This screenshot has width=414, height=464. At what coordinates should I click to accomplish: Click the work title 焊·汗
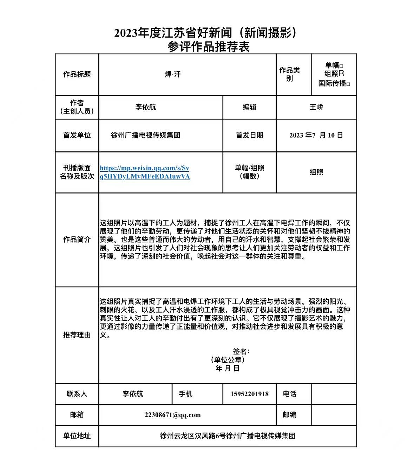pos(172,74)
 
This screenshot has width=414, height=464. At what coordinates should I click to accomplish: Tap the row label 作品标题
pos(77,74)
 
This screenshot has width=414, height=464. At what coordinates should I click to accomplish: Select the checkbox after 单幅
pos(341,66)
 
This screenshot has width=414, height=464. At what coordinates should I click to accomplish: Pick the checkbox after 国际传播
pos(348,84)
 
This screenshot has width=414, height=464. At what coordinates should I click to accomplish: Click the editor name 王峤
pos(316,107)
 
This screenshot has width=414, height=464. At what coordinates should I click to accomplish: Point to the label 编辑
pos(249,107)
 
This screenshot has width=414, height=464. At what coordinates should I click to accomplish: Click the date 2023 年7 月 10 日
pos(316,135)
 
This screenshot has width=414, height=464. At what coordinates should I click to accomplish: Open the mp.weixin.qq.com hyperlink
pos(145,172)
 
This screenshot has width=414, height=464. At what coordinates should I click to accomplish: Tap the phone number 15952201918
pos(249,394)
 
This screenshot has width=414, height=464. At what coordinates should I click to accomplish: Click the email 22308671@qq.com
pos(172,415)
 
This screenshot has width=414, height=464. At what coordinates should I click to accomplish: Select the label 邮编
pos(289,415)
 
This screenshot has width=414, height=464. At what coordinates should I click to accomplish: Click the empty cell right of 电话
pos(334,394)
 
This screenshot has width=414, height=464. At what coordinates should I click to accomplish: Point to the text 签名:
pos(241,351)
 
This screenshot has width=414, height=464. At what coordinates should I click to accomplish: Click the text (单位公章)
pos(228,360)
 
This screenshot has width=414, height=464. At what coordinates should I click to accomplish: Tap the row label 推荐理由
pos(77,335)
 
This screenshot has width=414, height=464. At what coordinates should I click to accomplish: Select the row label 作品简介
pos(77,240)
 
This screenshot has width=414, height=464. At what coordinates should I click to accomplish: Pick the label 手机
pos(185,394)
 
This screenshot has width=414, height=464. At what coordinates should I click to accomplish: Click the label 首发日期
pos(249,135)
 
